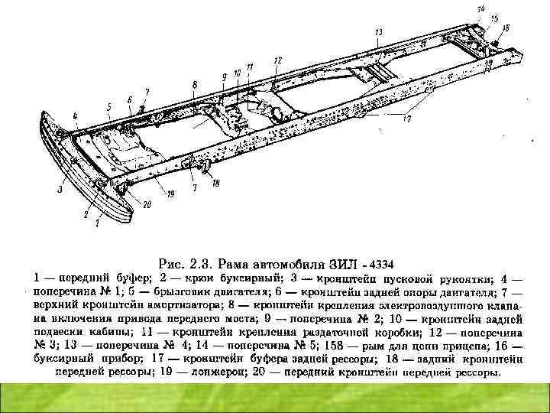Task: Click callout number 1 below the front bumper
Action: pyautogui.click(x=98, y=225)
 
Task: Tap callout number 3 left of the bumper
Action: pyautogui.click(x=58, y=187)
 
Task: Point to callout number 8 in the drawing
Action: pyautogui.click(x=195, y=84)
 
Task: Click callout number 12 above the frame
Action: pyautogui.click(x=277, y=60)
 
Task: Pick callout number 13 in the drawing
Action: pyautogui.click(x=378, y=32)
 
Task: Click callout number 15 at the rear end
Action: pyautogui.click(x=493, y=17)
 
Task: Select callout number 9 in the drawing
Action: pyautogui.click(x=224, y=76)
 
